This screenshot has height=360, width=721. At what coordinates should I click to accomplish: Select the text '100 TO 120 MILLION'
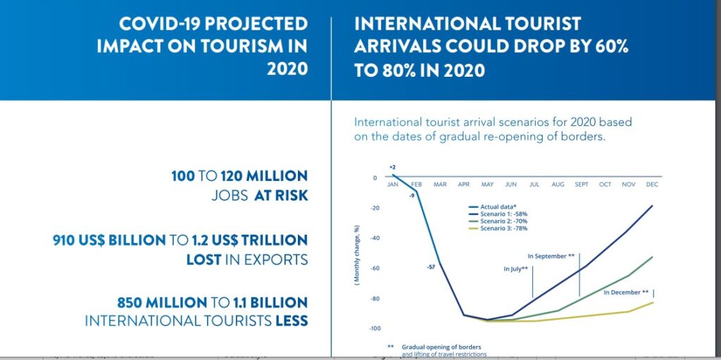pyautogui.click(x=239, y=176)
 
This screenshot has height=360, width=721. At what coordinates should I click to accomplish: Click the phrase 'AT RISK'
pyautogui.click(x=282, y=195)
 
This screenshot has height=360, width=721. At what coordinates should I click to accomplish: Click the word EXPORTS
pyautogui.click(x=276, y=259)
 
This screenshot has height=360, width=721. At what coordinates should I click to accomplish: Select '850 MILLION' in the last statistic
pyautogui.click(x=161, y=303)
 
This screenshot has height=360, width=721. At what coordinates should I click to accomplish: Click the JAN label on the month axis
pyautogui.click(x=393, y=185)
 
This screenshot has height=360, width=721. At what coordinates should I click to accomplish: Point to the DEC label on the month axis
pyautogui.click(x=651, y=185)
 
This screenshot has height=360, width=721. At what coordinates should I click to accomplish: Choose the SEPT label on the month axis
pyautogui.click(x=582, y=185)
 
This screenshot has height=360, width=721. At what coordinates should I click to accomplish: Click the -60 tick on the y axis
pyautogui.click(x=376, y=268)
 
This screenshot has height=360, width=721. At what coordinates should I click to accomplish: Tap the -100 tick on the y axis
pyautogui.click(x=375, y=328)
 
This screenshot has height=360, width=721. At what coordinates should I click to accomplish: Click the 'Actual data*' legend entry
pyautogui.click(x=496, y=206)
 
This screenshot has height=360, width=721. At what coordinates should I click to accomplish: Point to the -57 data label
pyautogui.click(x=431, y=267)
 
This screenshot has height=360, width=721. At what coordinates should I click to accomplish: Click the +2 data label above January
pyautogui.click(x=392, y=168)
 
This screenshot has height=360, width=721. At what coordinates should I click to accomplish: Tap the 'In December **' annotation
pyautogui.click(x=626, y=292)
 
